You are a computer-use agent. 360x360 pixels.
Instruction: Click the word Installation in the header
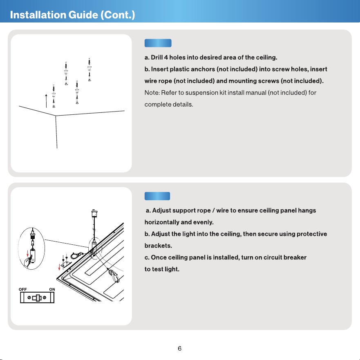pyautogui.click(x=38, y=15)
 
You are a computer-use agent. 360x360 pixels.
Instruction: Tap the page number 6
pyautogui.click(x=179, y=349)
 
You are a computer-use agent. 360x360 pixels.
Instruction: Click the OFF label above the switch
pyautogui.click(x=23, y=290)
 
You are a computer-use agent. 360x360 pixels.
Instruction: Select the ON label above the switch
pyautogui.click(x=52, y=290)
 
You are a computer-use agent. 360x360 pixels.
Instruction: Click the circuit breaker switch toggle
pyautogui.click(x=37, y=298)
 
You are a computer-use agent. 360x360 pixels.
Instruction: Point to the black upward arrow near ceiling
pyautogui.click(x=46, y=101)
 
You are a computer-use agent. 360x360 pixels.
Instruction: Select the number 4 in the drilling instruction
pyautogui.click(x=166, y=57)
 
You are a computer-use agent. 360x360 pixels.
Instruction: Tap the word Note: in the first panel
pyautogui.click(x=152, y=93)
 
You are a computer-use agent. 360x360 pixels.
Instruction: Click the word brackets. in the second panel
pyautogui.click(x=158, y=246)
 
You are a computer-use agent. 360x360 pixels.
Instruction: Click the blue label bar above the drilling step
pyautogui.click(x=158, y=43)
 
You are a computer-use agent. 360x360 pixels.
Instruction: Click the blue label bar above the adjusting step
pyautogui.click(x=157, y=196)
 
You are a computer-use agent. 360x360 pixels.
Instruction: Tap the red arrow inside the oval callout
pyautogui.click(x=27, y=253)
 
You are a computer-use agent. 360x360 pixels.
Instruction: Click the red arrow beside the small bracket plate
pyautogui.click(x=59, y=267)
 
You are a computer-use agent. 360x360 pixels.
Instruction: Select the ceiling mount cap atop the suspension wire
pyautogui.click(x=94, y=213)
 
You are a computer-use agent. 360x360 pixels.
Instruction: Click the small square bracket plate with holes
pyautogui.click(x=66, y=265)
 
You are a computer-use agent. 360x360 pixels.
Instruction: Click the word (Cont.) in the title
pyautogui.click(x=118, y=15)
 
